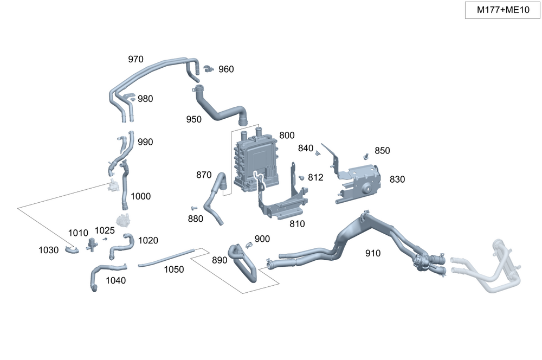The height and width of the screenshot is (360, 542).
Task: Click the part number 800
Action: pyautogui.click(x=287, y=135)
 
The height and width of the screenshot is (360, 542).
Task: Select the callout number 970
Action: pyautogui.click(x=135, y=59)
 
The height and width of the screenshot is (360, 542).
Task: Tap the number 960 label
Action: pyautogui.click(x=226, y=69)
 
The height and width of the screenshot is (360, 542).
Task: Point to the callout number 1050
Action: pyautogui.click(x=174, y=269)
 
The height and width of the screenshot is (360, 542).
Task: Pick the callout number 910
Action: pyautogui.click(x=373, y=253)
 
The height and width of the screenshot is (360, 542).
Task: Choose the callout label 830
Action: pyautogui.click(x=397, y=179)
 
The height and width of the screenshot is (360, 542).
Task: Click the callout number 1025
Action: pyautogui.click(x=105, y=231)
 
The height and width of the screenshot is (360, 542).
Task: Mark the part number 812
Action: pyautogui.click(x=315, y=177)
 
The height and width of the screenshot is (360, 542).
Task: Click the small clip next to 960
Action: pyautogui.click(x=209, y=68)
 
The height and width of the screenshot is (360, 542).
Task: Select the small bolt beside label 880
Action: pyautogui.click(x=193, y=208)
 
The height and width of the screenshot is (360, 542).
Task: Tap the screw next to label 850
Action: pyautogui.click(x=367, y=156)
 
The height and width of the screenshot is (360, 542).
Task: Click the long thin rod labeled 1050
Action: pyautogui.click(x=166, y=258)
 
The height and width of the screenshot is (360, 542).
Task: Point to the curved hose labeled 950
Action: pyautogui.click(x=217, y=108)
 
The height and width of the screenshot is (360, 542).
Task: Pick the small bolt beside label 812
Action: pyautogui.click(x=301, y=177)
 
